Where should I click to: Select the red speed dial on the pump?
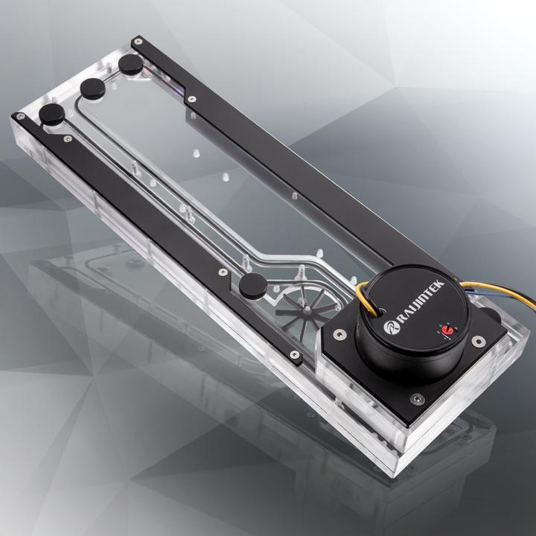448,330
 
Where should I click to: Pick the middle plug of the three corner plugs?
94,88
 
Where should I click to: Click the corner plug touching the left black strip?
53,114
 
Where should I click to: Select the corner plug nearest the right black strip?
131,63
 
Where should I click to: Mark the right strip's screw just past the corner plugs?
192,98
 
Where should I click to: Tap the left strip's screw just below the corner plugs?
68,138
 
